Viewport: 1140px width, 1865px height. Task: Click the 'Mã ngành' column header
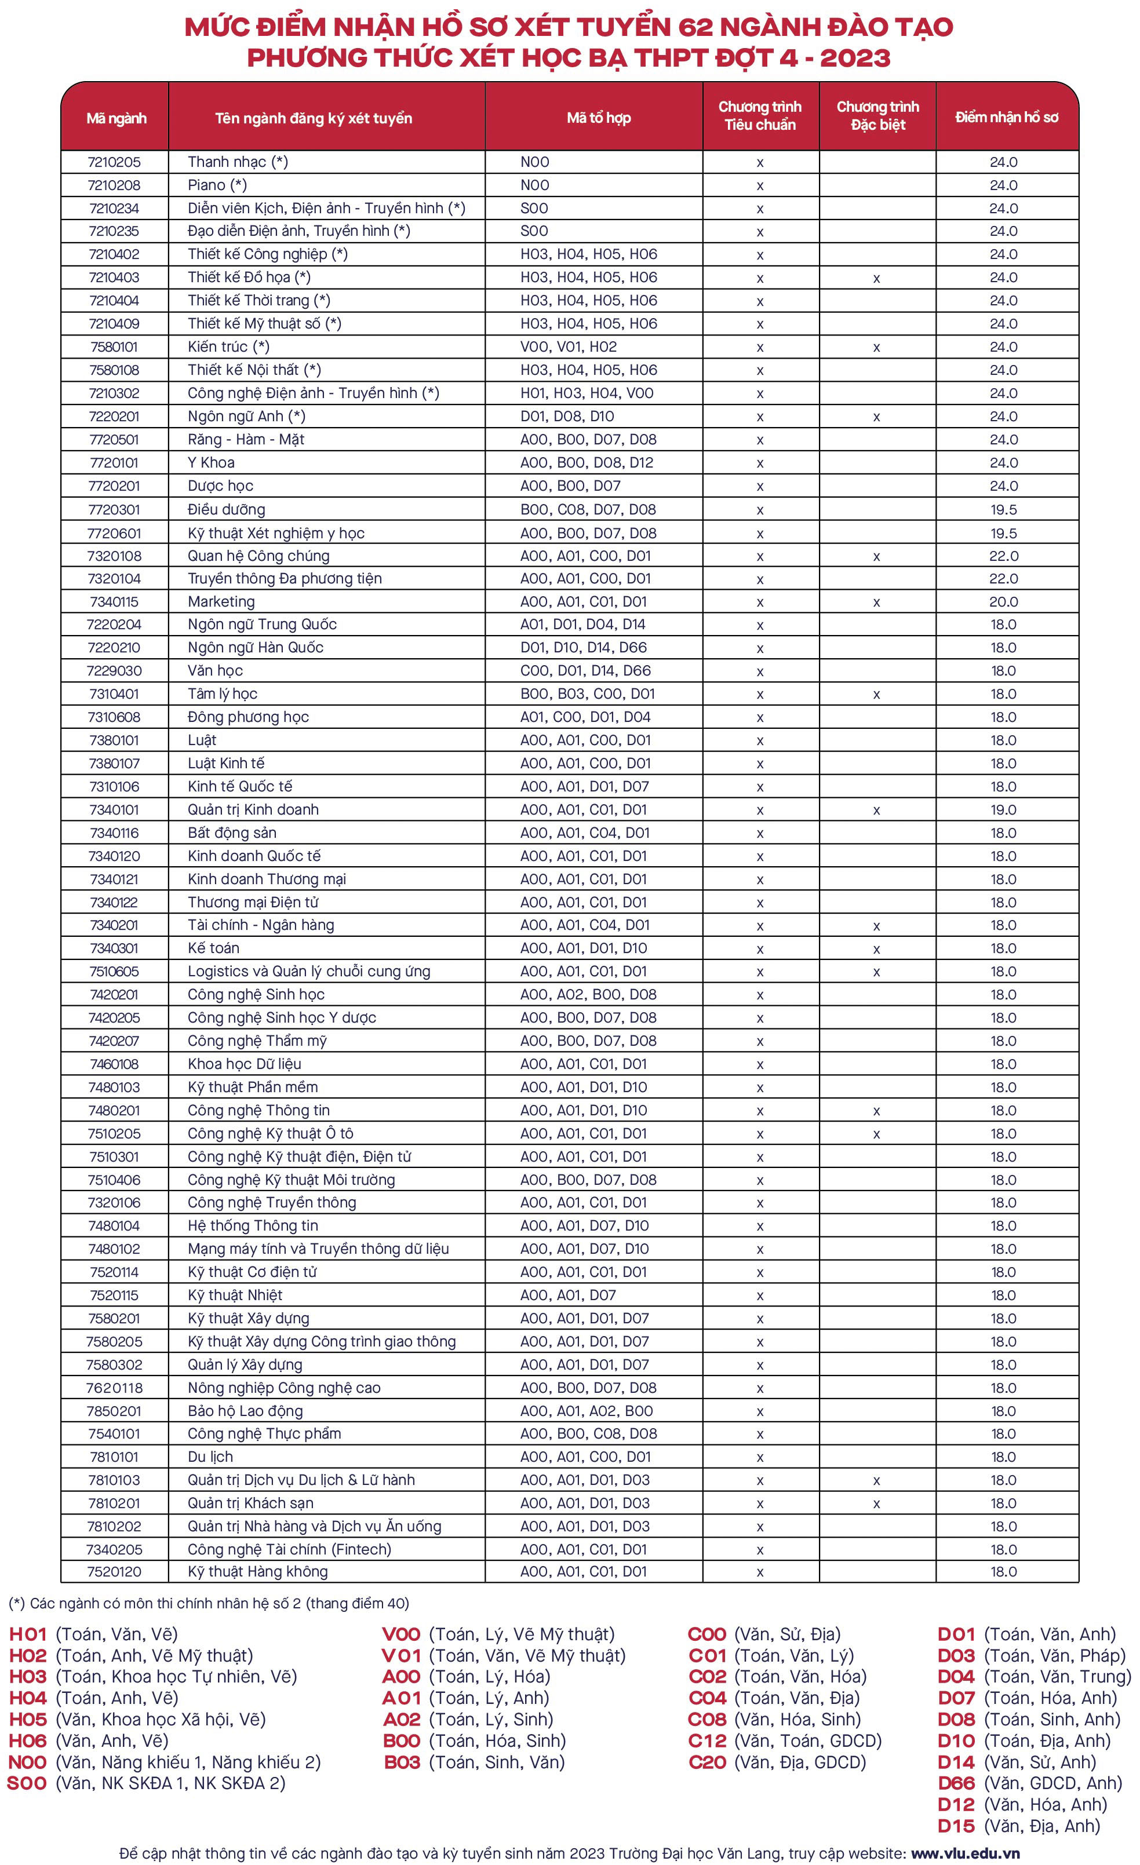(116, 118)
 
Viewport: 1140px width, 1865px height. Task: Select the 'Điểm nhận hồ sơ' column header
(1006, 117)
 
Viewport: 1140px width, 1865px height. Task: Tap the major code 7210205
(114, 162)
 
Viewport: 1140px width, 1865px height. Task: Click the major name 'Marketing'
(221, 602)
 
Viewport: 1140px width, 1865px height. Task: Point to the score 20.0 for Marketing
(1004, 602)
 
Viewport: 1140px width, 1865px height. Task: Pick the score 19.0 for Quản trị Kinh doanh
(1004, 810)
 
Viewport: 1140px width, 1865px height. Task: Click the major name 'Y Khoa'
(211, 462)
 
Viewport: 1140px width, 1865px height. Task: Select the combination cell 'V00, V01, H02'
(569, 346)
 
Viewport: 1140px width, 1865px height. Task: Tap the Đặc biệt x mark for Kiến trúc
(876, 348)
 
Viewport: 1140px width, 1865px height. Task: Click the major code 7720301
(114, 509)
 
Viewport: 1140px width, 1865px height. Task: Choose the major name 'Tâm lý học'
(223, 694)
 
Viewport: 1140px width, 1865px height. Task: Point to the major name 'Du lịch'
(210, 1457)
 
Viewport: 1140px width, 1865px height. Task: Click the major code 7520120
(114, 1572)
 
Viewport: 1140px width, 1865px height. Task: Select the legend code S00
(27, 1783)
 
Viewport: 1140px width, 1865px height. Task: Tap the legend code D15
(956, 1826)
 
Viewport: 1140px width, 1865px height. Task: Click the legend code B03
(402, 1762)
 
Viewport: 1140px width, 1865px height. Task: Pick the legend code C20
(708, 1762)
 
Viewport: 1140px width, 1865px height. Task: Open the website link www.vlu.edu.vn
(965, 1853)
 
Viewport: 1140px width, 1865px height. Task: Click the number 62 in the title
(695, 27)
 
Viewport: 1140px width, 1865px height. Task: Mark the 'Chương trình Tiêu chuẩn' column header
(760, 116)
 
